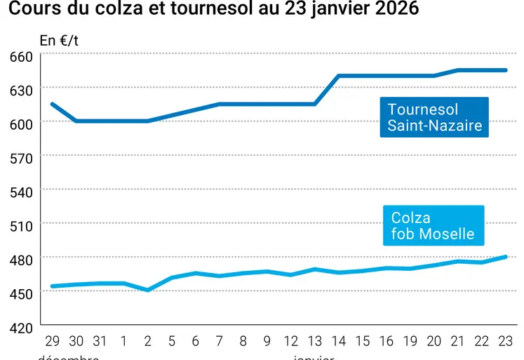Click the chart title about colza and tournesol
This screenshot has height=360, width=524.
coord(214,9)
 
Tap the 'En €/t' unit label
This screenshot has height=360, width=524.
coord(59,40)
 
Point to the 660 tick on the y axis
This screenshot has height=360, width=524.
coord(21,57)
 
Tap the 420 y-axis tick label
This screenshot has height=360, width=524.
coord(21,328)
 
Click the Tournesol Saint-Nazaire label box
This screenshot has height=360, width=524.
coord(435,117)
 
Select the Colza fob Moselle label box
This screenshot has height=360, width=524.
coord(433,226)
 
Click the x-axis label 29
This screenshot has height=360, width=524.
coord(52,342)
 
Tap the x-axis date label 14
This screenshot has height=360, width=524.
coord(339,342)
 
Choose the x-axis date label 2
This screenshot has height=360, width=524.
coord(147,342)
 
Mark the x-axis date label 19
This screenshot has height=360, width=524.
coord(410,342)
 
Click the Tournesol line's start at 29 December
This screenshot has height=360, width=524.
coord(52,104)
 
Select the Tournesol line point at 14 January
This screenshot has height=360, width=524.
coord(339,76)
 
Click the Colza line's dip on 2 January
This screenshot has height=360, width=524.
coord(147,290)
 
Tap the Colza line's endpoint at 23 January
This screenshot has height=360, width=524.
coord(506,257)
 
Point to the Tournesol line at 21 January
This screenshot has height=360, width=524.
coord(458,70)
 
